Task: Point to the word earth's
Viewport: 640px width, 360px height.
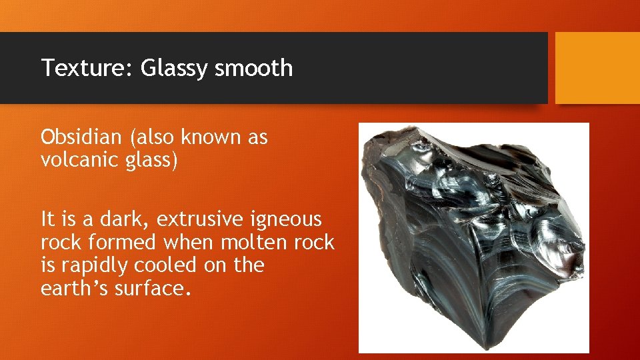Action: (72, 288)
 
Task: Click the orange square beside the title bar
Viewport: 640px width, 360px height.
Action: (597, 68)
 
